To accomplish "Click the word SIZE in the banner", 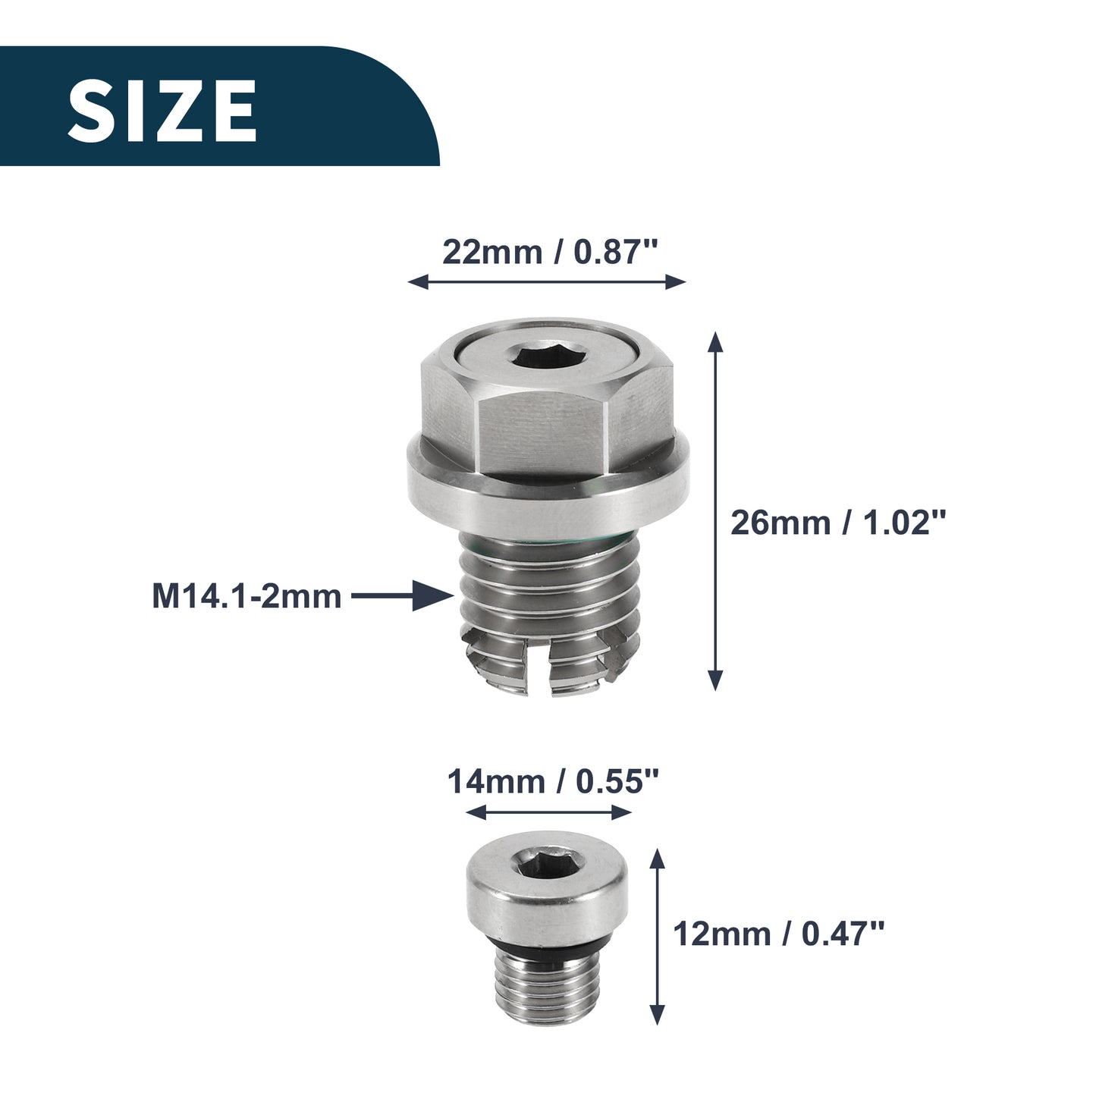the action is [162, 111].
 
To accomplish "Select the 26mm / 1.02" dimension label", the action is [838, 522].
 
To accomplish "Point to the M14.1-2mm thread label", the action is [247, 597].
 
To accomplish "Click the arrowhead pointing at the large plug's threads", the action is [433, 596].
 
